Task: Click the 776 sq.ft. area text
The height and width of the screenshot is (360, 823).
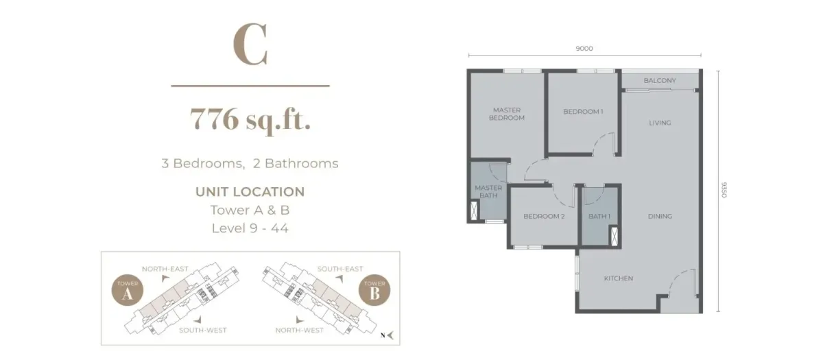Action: click(250, 121)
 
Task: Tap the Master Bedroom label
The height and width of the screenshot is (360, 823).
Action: click(506, 114)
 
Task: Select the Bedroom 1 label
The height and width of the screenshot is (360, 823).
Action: click(583, 112)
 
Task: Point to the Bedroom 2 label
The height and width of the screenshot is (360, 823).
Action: click(544, 217)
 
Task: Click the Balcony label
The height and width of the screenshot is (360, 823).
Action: click(660, 81)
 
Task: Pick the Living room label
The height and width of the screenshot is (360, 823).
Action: click(660, 123)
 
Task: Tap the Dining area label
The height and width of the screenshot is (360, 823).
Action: click(660, 217)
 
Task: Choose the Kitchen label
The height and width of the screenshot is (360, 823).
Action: click(618, 278)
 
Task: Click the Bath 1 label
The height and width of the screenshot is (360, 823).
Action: click(599, 217)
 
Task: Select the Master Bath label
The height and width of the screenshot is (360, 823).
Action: click(489, 192)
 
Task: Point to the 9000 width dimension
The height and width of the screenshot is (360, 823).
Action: click(584, 49)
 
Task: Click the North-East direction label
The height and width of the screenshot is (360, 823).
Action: click(165, 269)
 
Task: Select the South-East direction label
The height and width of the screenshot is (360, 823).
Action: click(340, 269)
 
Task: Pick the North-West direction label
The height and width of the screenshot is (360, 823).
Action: click(300, 330)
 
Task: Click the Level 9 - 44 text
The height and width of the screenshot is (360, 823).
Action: click(250, 228)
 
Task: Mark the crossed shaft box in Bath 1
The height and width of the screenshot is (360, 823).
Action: click(613, 234)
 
